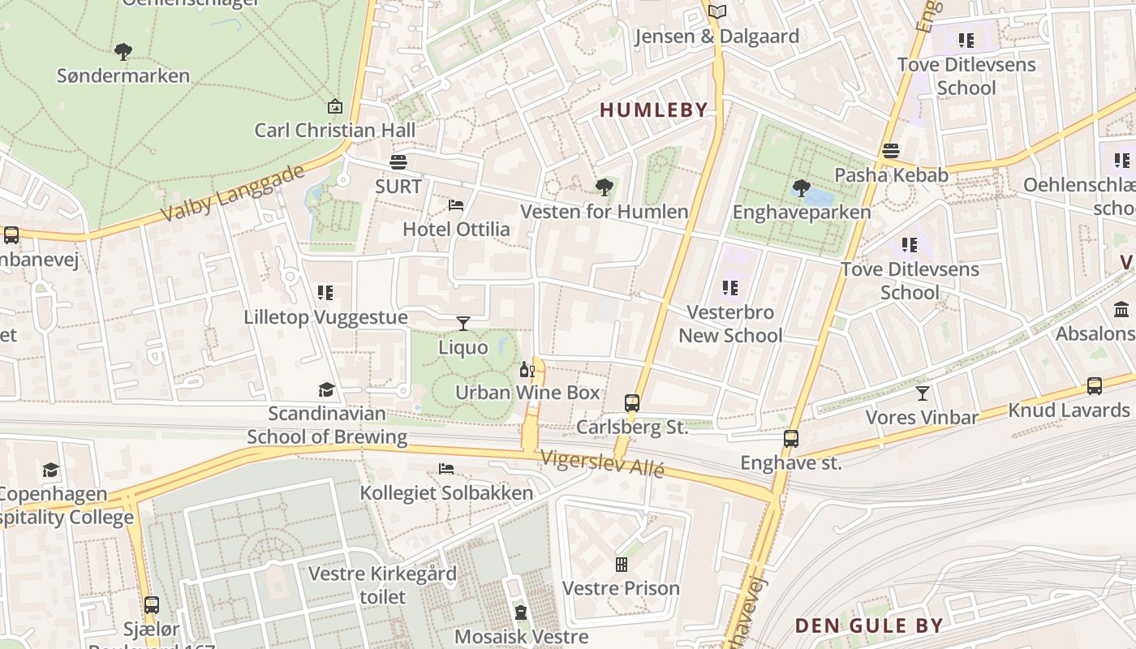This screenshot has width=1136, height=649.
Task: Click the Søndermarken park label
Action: [x=123, y=75]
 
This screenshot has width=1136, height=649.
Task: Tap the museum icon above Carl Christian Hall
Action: [x=334, y=106]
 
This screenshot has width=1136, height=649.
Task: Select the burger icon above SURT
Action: [x=398, y=162]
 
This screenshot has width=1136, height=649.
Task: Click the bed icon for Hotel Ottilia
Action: [x=456, y=205]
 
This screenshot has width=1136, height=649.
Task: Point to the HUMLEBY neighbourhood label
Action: [x=653, y=110]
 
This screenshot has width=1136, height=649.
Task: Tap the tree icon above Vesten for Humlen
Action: [x=604, y=188]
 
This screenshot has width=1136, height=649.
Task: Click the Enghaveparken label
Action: [x=801, y=213]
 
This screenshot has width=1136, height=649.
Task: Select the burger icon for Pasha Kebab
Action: [x=891, y=151]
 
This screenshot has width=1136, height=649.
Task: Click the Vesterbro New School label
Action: [x=730, y=324]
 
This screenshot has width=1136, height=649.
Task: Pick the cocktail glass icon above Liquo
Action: [x=463, y=324]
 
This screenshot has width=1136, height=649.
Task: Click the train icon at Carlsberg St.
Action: [x=632, y=402]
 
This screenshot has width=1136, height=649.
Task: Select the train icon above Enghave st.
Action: [x=791, y=439]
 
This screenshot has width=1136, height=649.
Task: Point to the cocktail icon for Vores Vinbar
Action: [x=923, y=393]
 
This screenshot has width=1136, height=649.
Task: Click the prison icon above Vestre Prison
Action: [x=622, y=564]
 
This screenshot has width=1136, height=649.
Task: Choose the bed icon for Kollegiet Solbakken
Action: [x=446, y=469]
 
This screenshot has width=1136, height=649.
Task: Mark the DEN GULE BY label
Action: [x=868, y=625]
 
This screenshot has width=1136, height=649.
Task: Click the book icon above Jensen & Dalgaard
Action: [x=716, y=11]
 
